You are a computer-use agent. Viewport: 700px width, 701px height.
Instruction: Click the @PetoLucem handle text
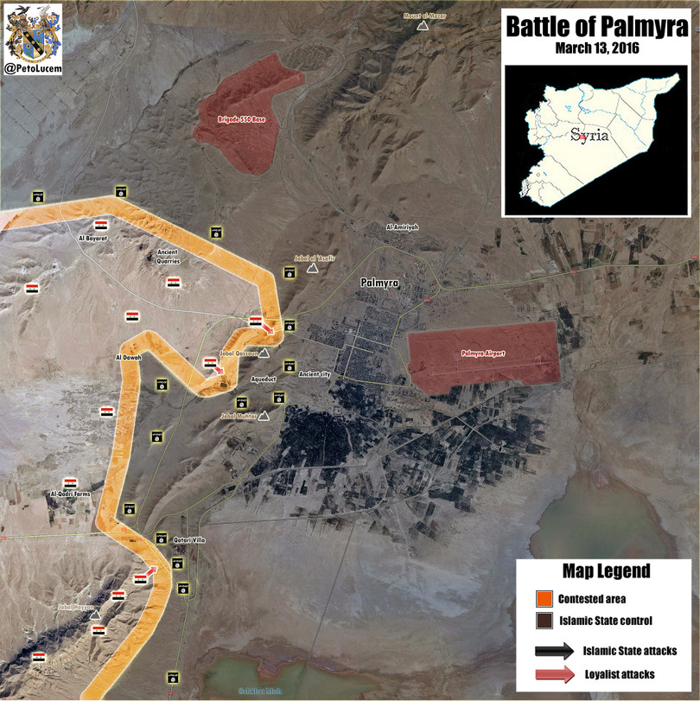click(33, 67)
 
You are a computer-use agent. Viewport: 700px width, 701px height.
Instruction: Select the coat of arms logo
click(33, 31)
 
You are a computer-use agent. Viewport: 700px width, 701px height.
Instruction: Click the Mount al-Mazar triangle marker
click(423, 27)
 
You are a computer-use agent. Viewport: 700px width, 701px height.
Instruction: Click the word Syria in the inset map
click(590, 136)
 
